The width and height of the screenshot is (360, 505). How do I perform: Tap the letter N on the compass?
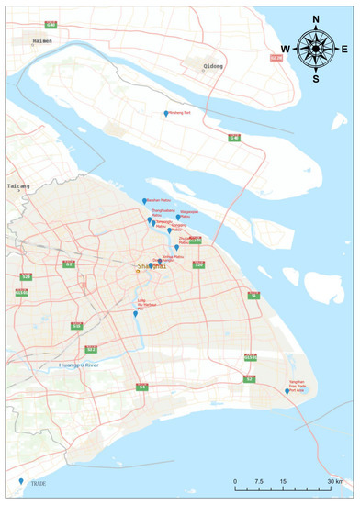[x=316, y=18]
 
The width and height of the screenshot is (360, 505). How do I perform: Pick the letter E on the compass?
[x=343, y=49]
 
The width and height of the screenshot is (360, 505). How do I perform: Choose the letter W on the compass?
[x=286, y=49]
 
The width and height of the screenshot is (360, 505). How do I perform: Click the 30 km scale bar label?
[x=336, y=481]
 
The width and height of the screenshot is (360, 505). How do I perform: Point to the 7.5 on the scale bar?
[x=261, y=481]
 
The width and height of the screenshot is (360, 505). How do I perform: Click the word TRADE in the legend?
[x=36, y=483]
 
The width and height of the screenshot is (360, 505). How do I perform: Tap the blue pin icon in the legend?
[x=21, y=480]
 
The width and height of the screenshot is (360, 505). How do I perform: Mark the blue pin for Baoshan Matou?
[x=144, y=201]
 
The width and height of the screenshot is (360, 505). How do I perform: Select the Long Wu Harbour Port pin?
[x=135, y=315]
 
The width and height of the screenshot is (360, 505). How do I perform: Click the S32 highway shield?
[x=91, y=350]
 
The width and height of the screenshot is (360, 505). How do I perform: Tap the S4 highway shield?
[x=141, y=387]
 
